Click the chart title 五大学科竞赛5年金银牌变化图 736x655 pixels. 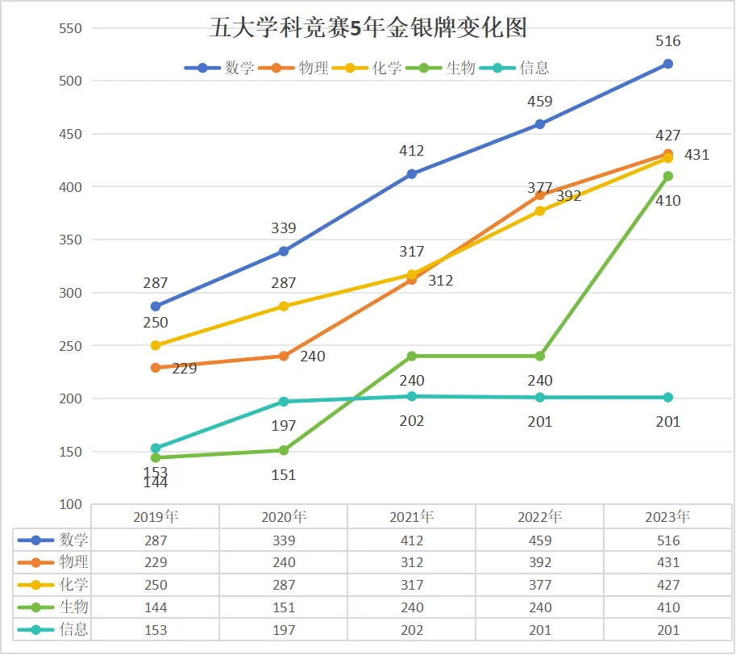pos(368,28)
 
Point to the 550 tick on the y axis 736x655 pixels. pos(72,28)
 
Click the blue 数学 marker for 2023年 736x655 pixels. pos(667,64)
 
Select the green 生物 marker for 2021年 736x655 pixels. pos(412,356)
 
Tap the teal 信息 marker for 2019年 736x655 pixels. pos(156,448)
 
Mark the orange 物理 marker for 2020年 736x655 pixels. pos(284,356)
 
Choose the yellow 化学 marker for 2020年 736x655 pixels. pos(284,307)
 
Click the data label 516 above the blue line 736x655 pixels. pos(667,41)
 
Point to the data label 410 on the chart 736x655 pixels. pos(667,201)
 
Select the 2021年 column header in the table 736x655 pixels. pos(411,517)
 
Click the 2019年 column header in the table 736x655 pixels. pos(155,517)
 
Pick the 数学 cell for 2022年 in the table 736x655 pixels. pos(539,540)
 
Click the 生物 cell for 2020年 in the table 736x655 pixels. pos(283,607)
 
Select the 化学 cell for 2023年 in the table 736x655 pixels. pos(667,585)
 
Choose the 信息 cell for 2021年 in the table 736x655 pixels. pos(411,630)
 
